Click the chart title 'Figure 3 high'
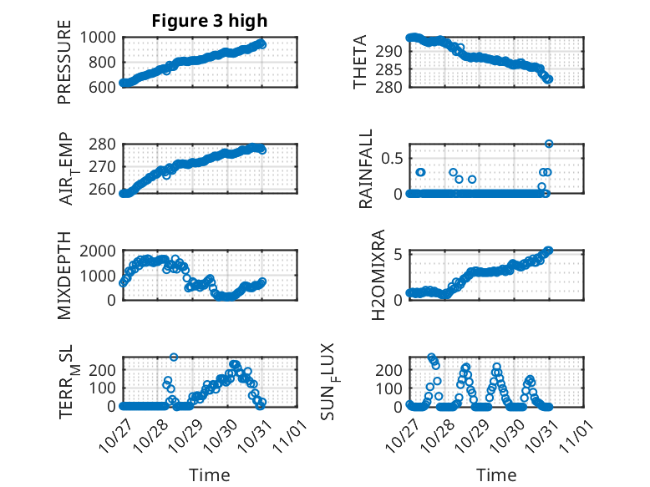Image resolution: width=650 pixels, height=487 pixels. click(209, 21)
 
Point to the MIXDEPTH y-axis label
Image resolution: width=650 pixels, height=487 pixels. click(64, 276)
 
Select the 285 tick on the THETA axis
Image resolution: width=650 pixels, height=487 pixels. click(394, 69)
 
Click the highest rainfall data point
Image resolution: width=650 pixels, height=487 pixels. click(549, 144)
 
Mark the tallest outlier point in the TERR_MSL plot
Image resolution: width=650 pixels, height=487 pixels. click(174, 358)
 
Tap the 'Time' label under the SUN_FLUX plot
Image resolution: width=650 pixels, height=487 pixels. click(496, 474)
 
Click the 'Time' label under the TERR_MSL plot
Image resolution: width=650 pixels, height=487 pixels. click(210, 474)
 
